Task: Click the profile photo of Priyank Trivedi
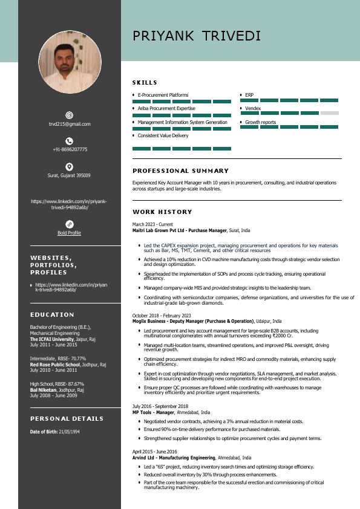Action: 70,62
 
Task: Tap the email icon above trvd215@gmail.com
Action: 70,115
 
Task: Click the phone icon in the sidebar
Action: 70,141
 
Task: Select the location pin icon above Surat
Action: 70,166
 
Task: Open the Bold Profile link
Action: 69,233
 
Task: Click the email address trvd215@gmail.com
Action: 70,124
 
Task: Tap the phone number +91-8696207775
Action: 70,149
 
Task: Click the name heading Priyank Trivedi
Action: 197,36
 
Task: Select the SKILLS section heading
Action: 145,82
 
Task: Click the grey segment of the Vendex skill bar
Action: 329,113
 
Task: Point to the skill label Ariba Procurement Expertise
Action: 166,108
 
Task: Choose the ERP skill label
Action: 249,95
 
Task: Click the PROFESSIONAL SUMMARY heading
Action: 180,171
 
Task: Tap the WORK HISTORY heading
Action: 162,212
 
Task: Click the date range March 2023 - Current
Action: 152,225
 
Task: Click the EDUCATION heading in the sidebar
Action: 52,314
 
